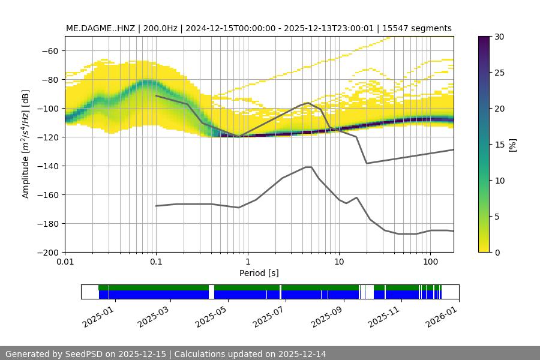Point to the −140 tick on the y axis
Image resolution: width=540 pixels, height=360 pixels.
[x=48, y=166]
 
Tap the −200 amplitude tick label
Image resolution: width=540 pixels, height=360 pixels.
[x=48, y=252]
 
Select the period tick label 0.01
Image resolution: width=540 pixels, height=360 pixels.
[x=65, y=262]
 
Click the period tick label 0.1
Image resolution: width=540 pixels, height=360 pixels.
[x=156, y=262]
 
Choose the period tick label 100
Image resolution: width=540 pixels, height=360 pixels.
[x=430, y=262]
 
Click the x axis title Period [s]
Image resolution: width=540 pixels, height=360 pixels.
[x=259, y=273]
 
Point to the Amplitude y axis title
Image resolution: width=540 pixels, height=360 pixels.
[x=26, y=144]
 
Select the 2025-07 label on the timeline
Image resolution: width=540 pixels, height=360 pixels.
[x=268, y=316]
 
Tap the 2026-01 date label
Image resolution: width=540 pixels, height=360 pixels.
[x=441, y=316]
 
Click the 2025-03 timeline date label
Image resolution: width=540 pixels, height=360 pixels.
[x=152, y=316]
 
